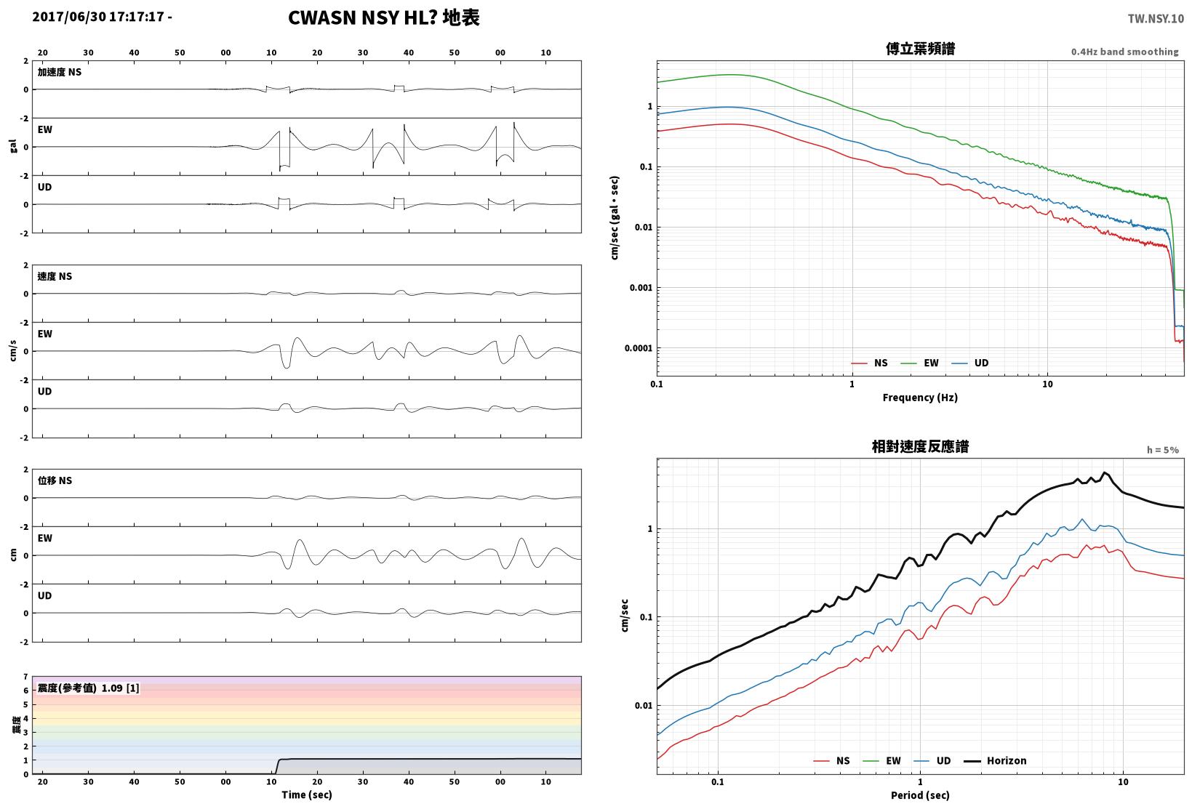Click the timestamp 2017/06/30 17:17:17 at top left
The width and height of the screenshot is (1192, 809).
pyautogui.click(x=98, y=17)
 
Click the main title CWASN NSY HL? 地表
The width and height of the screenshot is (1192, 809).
pyautogui.click(x=384, y=17)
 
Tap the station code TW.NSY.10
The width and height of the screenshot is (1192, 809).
pyautogui.click(x=1156, y=19)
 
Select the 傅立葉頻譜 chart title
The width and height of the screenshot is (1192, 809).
pyautogui.click(x=920, y=49)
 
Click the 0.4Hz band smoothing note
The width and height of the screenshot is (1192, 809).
pyautogui.click(x=1124, y=52)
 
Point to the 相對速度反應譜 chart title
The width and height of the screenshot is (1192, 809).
pyautogui.click(x=920, y=446)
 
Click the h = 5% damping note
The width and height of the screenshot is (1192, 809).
pyautogui.click(x=1162, y=450)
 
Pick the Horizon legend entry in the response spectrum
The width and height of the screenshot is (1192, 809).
pyautogui.click(x=995, y=760)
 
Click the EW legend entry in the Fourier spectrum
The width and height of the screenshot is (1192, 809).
pyautogui.click(x=919, y=363)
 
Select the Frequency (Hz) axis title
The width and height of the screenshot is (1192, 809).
pyautogui.click(x=920, y=398)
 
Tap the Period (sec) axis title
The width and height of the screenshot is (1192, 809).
pyautogui.click(x=920, y=795)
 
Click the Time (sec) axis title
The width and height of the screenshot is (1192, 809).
pyautogui.click(x=306, y=794)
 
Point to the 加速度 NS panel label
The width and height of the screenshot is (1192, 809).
pyautogui.click(x=59, y=72)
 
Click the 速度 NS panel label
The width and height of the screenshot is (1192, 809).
pyautogui.click(x=55, y=276)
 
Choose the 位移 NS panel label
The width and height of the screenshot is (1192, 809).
pyautogui.click(x=55, y=480)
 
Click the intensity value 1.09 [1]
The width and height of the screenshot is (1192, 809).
pyautogui.click(x=120, y=688)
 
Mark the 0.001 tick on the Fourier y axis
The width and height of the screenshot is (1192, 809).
pyautogui.click(x=641, y=288)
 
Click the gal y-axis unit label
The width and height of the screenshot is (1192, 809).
pyautogui.click(x=13, y=146)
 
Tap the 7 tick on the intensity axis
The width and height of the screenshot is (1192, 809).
pyautogui.click(x=25, y=677)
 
